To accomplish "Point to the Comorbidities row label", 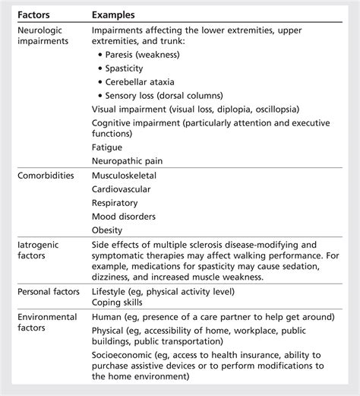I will (x=46, y=176).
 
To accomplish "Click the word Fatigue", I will (x=107, y=147).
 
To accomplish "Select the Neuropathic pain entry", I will (x=127, y=161).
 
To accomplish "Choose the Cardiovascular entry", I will (x=122, y=189).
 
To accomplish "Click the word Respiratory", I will (x=115, y=203).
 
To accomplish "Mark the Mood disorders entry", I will (x=124, y=217).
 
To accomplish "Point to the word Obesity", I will (x=107, y=230).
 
